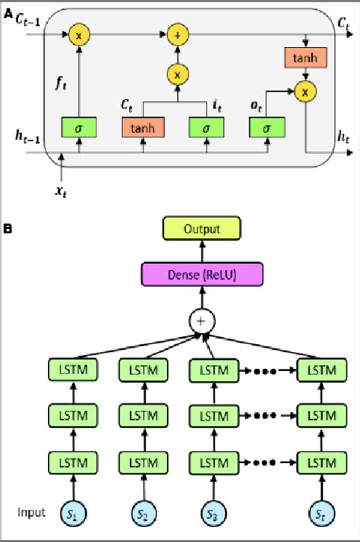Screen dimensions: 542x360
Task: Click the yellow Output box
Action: tap(201, 228)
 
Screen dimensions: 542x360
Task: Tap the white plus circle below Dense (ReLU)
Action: tap(201, 323)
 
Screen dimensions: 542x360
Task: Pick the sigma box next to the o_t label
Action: tap(265, 128)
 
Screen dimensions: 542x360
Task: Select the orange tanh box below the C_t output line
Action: tap(305, 58)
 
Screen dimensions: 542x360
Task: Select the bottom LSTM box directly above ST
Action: tap(315, 462)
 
